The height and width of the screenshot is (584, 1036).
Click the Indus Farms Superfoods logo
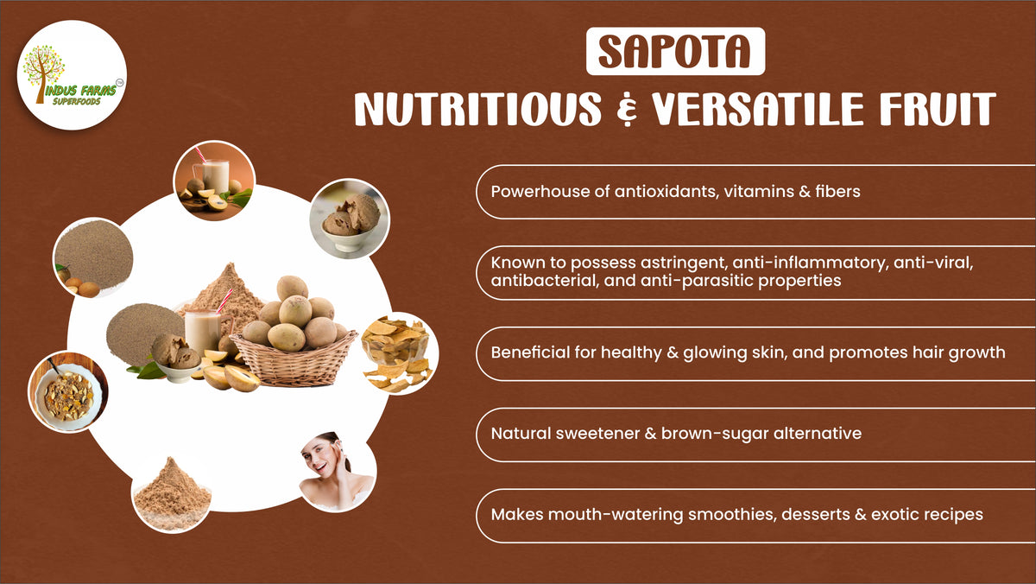pos(72,75)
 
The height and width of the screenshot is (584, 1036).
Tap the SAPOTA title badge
pos(675,52)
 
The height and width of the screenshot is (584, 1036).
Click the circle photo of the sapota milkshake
pos(213,181)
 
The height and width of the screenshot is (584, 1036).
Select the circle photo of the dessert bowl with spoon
pos(67,392)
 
